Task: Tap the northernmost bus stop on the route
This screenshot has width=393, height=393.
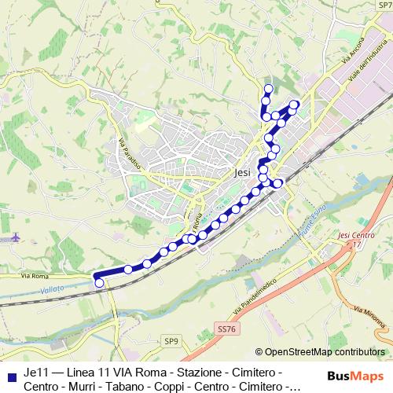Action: [268, 88]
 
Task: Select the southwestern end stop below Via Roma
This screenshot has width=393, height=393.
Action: [98, 283]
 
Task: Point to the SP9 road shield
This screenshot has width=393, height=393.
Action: [172, 340]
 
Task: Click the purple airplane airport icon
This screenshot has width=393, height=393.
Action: [17, 237]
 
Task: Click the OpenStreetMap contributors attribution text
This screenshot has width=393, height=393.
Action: [324, 352]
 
